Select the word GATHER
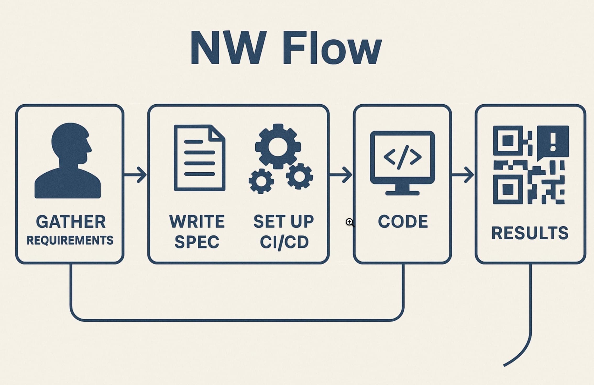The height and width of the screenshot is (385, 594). click(71, 222)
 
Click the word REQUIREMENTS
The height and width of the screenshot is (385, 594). click(70, 240)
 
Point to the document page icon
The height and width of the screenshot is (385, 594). click(199, 158)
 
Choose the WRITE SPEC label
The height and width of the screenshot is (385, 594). click(197, 231)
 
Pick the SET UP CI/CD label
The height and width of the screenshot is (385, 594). click(284, 231)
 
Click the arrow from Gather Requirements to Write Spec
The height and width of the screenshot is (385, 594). click(135, 174)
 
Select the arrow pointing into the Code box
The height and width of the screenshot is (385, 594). click(341, 174)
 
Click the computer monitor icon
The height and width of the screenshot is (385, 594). click(402, 162)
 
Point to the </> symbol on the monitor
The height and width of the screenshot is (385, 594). click(403, 157)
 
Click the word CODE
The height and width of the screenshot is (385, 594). click(403, 222)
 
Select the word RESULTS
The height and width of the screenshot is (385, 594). click(530, 233)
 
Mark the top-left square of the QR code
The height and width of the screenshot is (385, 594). click(508, 141)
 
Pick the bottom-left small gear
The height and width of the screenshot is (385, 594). click(261, 181)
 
